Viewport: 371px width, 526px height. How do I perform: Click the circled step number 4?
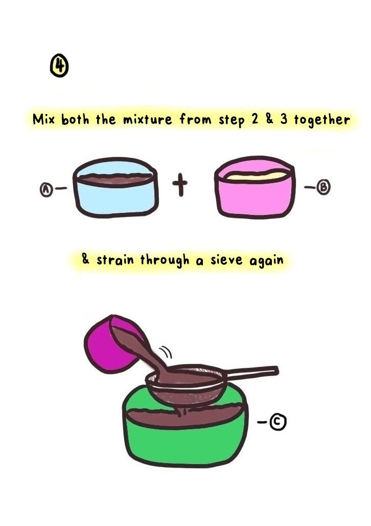(x=59, y=65)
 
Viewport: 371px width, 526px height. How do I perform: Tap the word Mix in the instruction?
(x=43, y=119)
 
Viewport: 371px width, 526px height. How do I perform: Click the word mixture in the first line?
(x=147, y=119)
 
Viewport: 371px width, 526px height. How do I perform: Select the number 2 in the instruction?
(x=255, y=119)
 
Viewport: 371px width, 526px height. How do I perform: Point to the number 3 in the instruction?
(x=284, y=119)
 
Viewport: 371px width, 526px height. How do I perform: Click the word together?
(x=322, y=120)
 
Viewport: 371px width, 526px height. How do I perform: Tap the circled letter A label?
(x=47, y=189)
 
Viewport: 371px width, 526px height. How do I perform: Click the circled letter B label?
(x=323, y=187)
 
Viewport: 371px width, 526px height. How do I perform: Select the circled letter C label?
(x=278, y=422)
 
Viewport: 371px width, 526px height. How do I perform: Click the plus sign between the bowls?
(x=180, y=185)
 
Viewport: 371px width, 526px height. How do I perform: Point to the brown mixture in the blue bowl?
(x=115, y=179)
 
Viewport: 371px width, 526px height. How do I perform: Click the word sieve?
(x=226, y=260)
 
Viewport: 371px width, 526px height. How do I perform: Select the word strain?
(x=115, y=260)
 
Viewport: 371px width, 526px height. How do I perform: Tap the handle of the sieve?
(x=251, y=372)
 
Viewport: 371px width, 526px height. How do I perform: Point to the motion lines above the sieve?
(x=166, y=352)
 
